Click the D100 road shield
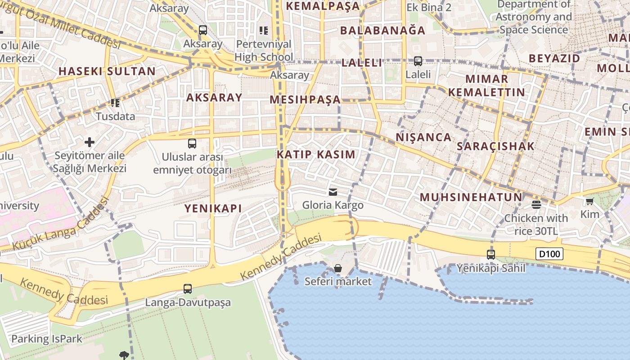pos(549,254)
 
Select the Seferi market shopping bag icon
pos(338,269)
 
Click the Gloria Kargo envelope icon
pos(333,192)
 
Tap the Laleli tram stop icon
pos(418,61)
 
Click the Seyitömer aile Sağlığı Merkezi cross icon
pos(90,143)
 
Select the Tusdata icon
pos(115,103)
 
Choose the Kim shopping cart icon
pos(589,201)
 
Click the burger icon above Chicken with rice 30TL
pos(536,205)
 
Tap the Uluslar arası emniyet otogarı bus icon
pos(192,144)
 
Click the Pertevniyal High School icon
pos(264,31)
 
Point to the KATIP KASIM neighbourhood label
pos(316,154)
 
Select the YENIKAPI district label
pos(213,208)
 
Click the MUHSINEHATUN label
pos(471,197)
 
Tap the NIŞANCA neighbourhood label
pos(423,137)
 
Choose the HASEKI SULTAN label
pos(107,71)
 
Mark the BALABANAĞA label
pos(382,30)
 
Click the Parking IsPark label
pos(47,339)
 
